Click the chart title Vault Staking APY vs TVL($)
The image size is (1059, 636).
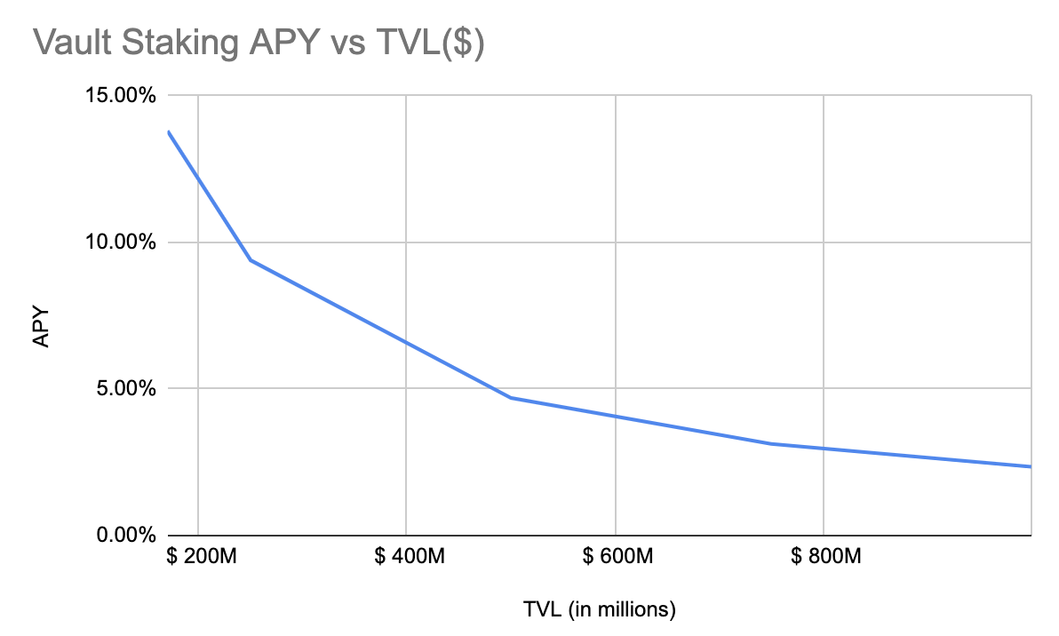[x=258, y=43]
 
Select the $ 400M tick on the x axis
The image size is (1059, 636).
[x=406, y=558]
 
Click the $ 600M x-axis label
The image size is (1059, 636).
[x=615, y=558]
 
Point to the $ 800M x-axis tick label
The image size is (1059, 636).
[x=824, y=558]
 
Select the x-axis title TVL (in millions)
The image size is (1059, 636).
[x=600, y=609]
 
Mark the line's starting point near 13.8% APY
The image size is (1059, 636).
[x=168, y=131]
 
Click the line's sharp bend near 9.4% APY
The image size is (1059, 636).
[x=250, y=260]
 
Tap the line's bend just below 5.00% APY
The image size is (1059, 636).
[x=511, y=397]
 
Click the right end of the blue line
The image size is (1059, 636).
[x=1031, y=466]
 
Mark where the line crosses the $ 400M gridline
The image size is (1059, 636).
[x=406, y=342]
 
